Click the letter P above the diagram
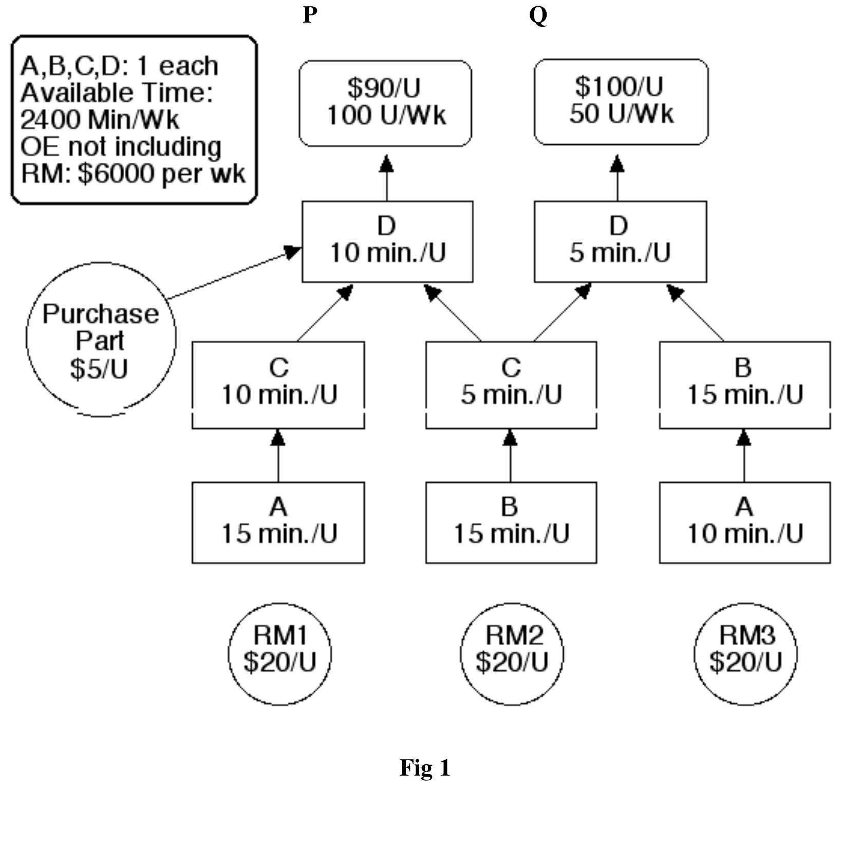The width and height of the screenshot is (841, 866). point(310,15)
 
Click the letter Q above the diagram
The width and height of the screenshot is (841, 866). point(538,16)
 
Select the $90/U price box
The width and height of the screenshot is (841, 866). point(385,103)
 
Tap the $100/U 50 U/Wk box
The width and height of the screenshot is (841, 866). point(621,101)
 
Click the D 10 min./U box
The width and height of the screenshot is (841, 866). point(387,241)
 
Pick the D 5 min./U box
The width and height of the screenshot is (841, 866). point(620,241)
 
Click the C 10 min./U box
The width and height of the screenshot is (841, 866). point(278,384)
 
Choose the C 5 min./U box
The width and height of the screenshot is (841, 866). point(511,384)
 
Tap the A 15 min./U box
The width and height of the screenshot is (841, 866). point(278,522)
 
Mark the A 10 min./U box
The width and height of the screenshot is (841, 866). point(744,522)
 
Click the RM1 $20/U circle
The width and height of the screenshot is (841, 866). point(279,653)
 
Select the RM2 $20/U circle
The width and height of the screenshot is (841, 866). point(512,653)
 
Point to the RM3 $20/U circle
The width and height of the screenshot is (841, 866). point(745,653)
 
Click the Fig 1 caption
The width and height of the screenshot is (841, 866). point(425,767)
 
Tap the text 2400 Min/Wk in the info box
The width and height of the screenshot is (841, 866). point(100,120)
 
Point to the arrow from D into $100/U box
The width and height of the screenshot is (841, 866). point(617,177)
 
